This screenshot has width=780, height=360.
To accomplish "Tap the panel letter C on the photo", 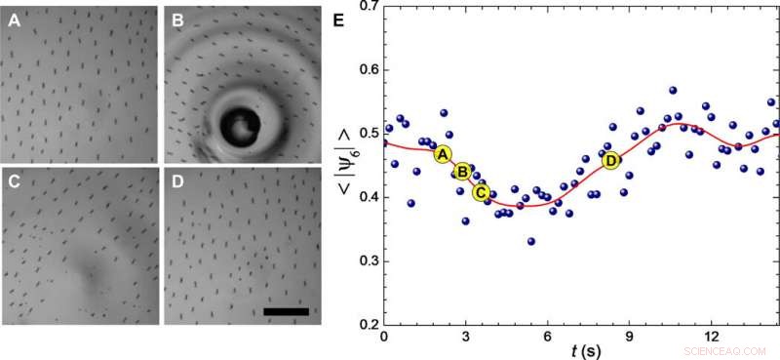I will [15, 181].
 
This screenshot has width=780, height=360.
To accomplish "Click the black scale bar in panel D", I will [287, 311].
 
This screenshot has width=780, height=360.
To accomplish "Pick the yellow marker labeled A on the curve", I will [442, 154].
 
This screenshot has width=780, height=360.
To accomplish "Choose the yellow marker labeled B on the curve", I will [462, 172].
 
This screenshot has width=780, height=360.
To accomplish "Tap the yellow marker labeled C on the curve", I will [481, 192].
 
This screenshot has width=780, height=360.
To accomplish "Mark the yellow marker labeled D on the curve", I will [610, 160].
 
